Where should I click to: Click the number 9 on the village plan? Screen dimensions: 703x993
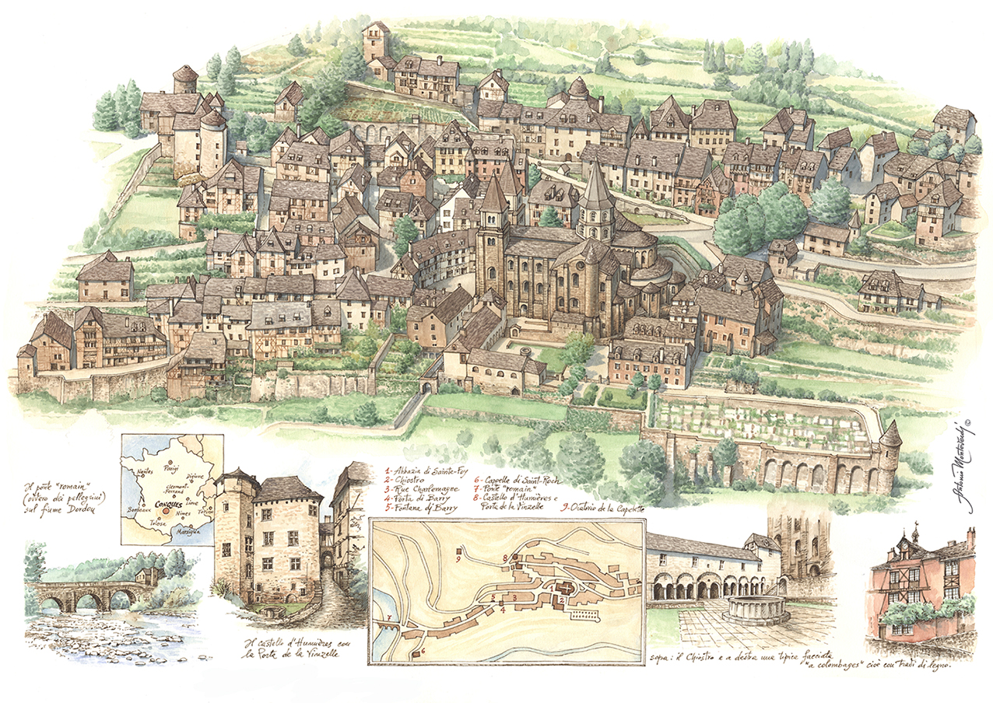(x=458, y=558)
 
